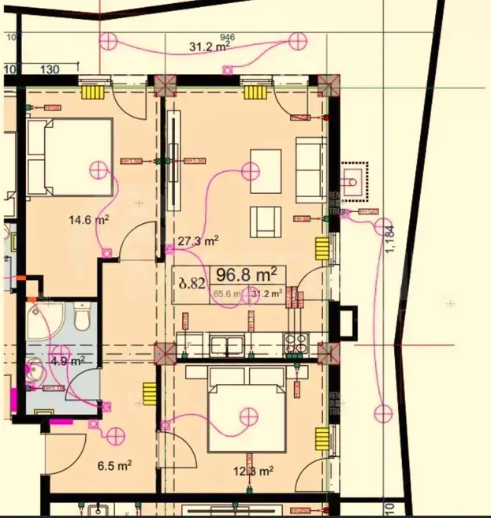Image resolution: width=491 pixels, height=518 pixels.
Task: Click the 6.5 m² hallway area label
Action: (113, 466)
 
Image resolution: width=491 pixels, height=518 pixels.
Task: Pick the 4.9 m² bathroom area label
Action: (68, 361)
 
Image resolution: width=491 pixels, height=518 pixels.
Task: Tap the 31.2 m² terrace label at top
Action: (210, 47)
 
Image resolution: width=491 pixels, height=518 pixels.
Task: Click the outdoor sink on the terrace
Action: (354, 179)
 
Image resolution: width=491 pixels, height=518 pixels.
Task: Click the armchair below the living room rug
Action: (266, 221)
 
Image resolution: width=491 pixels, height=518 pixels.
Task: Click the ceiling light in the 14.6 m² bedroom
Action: (98, 169)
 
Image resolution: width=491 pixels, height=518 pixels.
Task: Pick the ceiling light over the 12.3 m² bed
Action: (249, 415)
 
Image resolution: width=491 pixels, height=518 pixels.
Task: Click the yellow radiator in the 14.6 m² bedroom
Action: (94, 91)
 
